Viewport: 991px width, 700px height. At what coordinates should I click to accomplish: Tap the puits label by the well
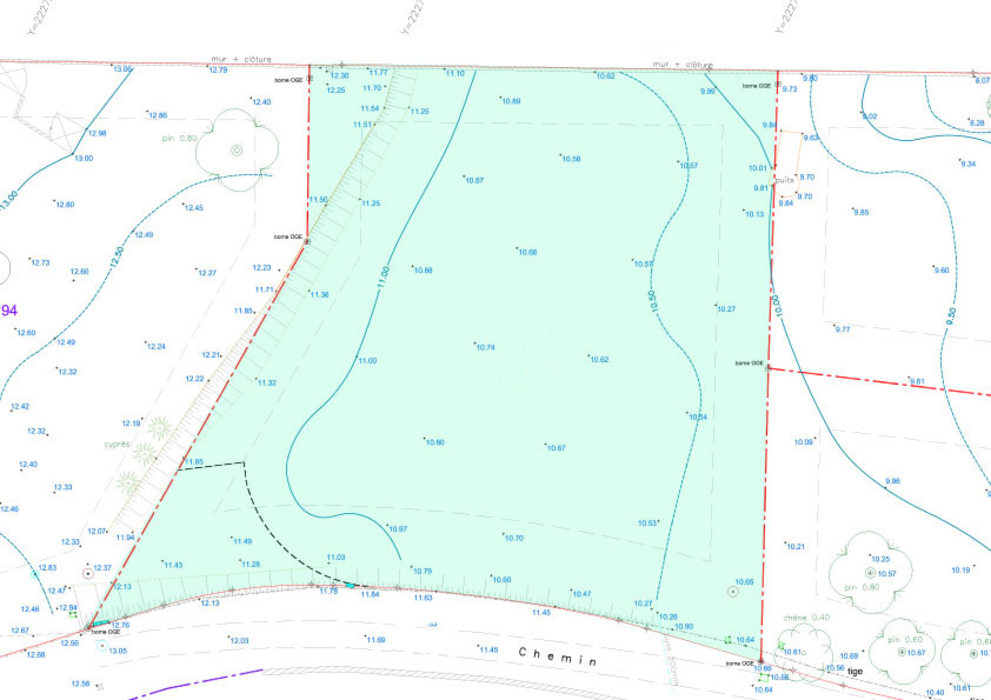point(784,180)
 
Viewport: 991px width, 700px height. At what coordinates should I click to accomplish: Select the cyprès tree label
point(117,444)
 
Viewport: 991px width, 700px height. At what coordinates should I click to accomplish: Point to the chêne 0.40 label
point(806,618)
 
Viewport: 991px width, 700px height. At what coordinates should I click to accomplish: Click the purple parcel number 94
point(9,310)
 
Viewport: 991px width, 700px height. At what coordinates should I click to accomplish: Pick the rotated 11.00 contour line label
point(383,276)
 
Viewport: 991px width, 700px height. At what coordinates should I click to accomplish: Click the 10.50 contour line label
point(652,302)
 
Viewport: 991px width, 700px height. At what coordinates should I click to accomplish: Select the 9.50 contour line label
point(951,316)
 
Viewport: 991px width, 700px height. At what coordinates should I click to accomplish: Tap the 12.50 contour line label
point(117,257)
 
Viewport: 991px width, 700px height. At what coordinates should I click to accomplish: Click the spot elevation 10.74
point(486,348)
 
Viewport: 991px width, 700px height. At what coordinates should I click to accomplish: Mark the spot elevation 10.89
point(511,101)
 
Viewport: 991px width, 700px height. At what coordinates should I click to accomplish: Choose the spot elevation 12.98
point(97,133)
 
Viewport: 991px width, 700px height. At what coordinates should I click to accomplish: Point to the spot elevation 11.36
point(320,295)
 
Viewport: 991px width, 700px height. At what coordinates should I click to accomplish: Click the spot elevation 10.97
point(398,529)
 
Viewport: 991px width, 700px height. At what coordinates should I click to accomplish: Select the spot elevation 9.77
point(842,330)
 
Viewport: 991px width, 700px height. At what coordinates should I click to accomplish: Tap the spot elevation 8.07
point(982,81)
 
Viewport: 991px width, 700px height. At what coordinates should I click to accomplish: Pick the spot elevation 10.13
point(754,214)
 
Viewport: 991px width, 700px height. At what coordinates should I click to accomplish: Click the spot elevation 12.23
point(262,268)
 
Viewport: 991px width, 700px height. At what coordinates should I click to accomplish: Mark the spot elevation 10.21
point(795,546)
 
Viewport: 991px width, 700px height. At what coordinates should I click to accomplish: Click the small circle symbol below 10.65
point(733,592)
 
